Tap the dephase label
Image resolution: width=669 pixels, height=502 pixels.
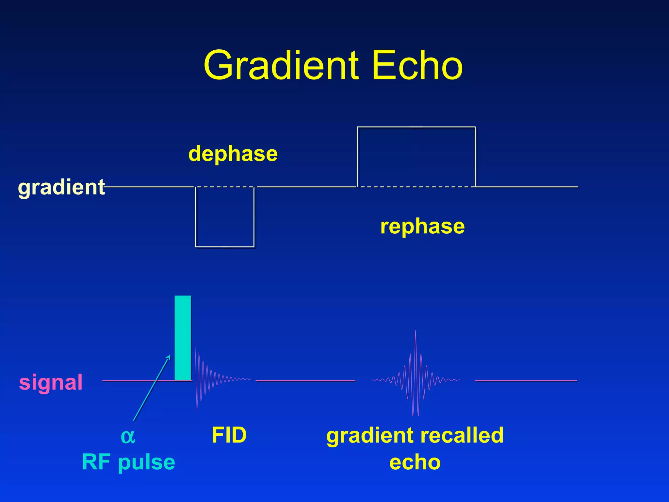click(x=233, y=154)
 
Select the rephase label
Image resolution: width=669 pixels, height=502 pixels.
click(x=422, y=226)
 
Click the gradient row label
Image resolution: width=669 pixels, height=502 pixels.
click(x=61, y=187)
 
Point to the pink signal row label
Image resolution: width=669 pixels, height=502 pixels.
click(x=51, y=382)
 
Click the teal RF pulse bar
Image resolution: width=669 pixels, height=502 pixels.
click(x=183, y=338)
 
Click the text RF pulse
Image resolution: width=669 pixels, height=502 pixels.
click(x=129, y=462)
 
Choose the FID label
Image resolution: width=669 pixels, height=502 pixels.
click(x=229, y=435)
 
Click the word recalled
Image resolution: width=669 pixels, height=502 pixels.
click(x=462, y=435)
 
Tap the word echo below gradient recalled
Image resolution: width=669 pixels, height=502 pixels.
click(x=415, y=462)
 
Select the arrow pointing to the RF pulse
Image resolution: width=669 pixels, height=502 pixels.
click(x=152, y=388)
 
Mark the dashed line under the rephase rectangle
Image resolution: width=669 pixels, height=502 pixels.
click(x=416, y=187)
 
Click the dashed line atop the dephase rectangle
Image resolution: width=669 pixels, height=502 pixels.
click(x=225, y=187)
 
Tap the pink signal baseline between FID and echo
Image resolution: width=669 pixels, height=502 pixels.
click(x=305, y=381)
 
